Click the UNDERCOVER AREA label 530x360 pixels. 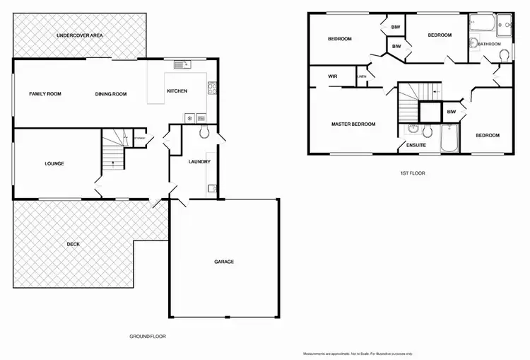tap(80, 35)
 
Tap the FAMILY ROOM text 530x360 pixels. tap(44, 93)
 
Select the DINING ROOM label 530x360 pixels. tap(111, 93)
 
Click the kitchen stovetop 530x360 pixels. tap(211, 89)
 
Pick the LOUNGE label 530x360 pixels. tap(54, 163)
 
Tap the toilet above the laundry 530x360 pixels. tap(204, 132)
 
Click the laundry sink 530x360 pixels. tap(212, 188)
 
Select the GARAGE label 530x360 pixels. tap(224, 262)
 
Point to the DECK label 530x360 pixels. tap(73, 244)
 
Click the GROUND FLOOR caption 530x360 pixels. tap(147, 336)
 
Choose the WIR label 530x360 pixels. tap(331, 76)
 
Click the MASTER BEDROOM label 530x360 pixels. tap(353, 124)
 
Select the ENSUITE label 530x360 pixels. tap(415, 146)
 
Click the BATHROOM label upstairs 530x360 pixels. tap(489, 44)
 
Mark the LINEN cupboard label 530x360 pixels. tap(361, 76)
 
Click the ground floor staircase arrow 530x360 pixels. tap(110, 164)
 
